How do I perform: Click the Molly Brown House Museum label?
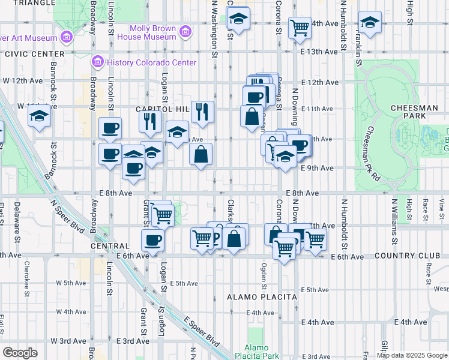[153, 32]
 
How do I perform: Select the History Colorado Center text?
[151, 62]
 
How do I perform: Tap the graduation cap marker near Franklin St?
[370, 23]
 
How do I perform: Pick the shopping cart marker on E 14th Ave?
[299, 26]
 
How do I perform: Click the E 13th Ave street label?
[319, 52]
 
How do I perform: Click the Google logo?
[20, 352]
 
